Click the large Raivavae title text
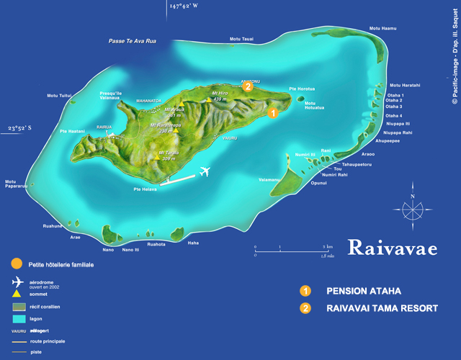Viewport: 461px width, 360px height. pos(393,248)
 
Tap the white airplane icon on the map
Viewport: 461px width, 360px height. pos(205,171)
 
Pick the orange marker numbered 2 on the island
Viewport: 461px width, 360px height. pos(247,87)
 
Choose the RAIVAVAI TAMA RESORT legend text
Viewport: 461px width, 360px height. pos(382,308)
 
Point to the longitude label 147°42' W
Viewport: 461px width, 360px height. pos(184,6)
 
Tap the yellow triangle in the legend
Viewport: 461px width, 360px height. pos(17,293)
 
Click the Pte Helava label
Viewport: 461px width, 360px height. pos(146,189)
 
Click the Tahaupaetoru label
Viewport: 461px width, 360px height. pos(356,164)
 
